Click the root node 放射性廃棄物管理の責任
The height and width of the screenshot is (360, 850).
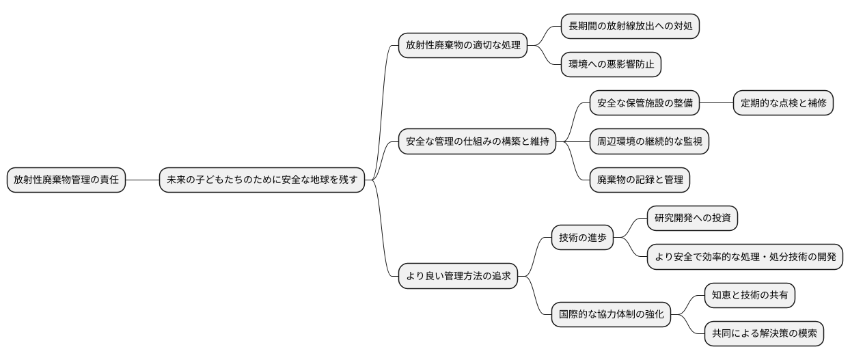pos(66,180)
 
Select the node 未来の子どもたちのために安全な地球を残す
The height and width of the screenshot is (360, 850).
pos(262,180)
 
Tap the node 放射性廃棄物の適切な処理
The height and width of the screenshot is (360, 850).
pos(463,46)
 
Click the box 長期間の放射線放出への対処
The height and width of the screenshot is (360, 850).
pos(630,27)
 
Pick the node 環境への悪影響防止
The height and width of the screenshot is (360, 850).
pos(611,65)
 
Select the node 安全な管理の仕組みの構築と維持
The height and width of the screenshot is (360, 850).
pos(477,142)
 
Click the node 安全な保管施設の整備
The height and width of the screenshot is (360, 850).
pos(645,104)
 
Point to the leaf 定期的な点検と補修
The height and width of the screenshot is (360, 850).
pos(783,104)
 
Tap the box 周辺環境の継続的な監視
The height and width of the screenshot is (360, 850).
pos(649,142)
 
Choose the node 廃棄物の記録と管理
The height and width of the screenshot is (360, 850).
pos(640,180)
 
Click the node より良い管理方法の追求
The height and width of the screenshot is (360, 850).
pos(458,277)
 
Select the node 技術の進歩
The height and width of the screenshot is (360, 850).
pos(582,238)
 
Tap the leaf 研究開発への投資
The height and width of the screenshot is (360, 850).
pos(692,219)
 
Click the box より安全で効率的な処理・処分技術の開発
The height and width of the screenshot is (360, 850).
pos(745,257)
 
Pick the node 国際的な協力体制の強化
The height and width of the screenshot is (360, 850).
pos(611,315)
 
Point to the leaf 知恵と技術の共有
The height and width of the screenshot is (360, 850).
pos(750,296)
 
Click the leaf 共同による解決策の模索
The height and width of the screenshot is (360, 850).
pos(764,334)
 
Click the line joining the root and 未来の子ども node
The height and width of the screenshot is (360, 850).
pos(142,180)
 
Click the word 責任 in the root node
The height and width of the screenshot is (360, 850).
pos(109,180)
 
